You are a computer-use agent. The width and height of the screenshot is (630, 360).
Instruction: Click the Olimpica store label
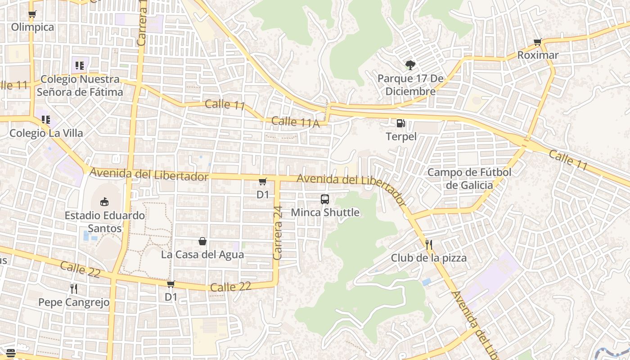[x=32, y=27]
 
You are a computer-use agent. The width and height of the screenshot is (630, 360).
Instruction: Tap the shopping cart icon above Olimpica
[x=32, y=14]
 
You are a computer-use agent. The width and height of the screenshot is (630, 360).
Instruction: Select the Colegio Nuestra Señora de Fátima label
[x=80, y=85]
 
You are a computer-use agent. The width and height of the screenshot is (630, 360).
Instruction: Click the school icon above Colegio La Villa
[x=46, y=120]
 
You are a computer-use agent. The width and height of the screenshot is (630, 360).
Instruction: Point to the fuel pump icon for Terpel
[x=400, y=123]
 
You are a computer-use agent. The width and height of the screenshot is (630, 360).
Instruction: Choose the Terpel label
[x=401, y=136]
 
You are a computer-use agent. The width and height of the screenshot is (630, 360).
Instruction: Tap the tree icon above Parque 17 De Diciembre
[x=410, y=65]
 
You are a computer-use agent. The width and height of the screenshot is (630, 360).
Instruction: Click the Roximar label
[x=538, y=55]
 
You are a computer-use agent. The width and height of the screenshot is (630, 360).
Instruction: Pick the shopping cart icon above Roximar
[x=537, y=43]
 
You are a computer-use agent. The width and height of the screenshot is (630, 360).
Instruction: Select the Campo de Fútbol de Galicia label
[x=469, y=179]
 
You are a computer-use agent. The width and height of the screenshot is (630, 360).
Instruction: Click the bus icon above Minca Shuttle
[x=325, y=199]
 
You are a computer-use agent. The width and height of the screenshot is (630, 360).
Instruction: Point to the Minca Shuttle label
[x=325, y=212]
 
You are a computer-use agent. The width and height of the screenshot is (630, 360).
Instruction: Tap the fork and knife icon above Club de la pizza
[x=429, y=245]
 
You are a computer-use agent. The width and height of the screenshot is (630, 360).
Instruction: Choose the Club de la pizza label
[x=428, y=258]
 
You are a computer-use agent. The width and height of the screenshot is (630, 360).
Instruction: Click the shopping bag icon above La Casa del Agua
[x=202, y=242]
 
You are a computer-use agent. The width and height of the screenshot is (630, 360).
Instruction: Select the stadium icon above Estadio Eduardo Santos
[x=104, y=202]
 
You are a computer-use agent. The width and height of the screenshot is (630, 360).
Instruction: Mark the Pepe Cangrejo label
[x=74, y=302]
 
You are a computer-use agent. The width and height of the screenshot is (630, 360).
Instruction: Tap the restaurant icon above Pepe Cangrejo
[x=74, y=288]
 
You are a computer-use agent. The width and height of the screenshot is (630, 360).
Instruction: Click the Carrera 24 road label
[x=277, y=233]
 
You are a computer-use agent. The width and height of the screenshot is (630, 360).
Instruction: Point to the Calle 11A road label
[x=295, y=121]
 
